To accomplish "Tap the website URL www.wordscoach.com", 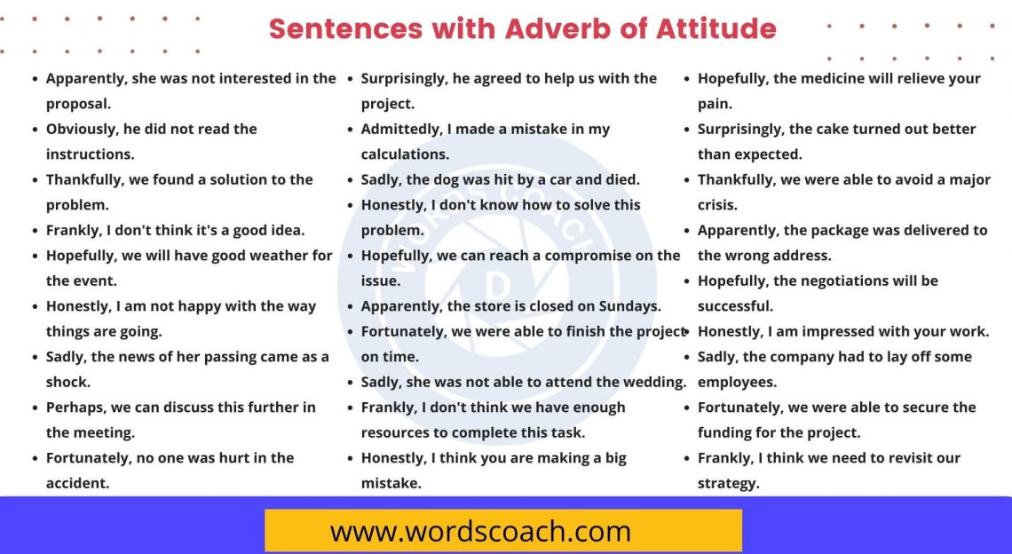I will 480,531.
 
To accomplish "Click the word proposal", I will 78,104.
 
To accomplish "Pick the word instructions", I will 90,154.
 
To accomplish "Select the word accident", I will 77,484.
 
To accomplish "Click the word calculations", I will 405,154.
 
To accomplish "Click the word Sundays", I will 629,306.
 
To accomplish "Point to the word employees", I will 737,383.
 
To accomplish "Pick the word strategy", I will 728,484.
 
